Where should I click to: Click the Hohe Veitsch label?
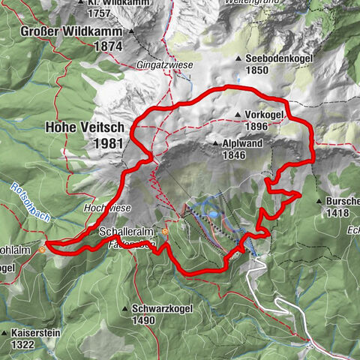[x=83, y=128]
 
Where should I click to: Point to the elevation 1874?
[x=108, y=46]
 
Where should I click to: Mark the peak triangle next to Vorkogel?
[x=238, y=115]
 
